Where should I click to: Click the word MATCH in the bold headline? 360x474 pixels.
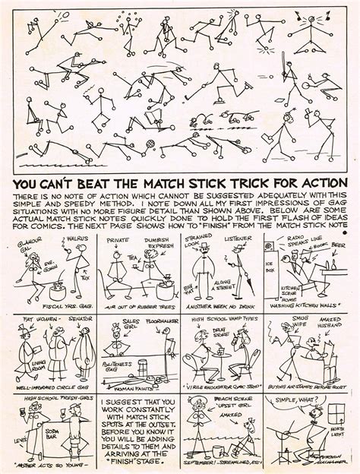point(169,185)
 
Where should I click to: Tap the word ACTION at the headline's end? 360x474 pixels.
point(322,185)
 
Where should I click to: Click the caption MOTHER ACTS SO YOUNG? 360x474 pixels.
point(48,466)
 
